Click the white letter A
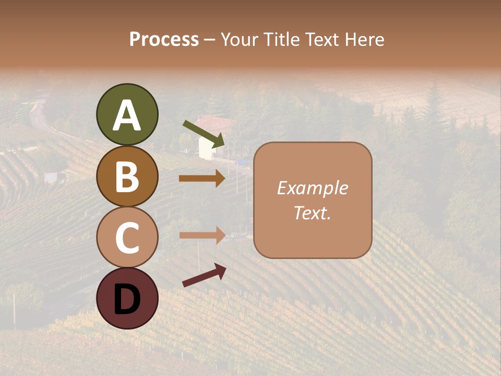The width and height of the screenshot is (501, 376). [127, 115]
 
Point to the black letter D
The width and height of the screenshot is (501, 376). [127, 299]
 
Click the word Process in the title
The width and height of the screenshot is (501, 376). [164, 40]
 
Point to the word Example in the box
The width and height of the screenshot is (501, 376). [312, 188]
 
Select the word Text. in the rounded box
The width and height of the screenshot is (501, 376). [312, 213]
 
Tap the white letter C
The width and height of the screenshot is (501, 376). [127, 238]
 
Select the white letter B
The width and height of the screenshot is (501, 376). [127, 177]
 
